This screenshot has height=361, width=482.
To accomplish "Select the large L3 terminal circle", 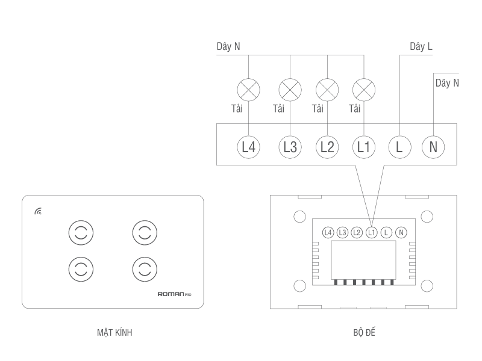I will (x=289, y=146).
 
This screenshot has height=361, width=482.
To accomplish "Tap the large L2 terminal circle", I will (x=327, y=146).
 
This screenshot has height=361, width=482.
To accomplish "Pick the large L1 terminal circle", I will (x=363, y=146).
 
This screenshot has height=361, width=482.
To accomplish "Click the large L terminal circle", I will (x=399, y=146).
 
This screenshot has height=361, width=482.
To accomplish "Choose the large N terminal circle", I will (x=433, y=146).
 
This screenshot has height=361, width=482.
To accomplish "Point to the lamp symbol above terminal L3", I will (x=290, y=91).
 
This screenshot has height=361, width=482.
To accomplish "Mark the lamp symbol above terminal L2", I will (x=327, y=91).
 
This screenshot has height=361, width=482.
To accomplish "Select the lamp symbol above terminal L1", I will (x=363, y=91).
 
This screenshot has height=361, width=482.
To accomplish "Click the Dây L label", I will (x=421, y=47).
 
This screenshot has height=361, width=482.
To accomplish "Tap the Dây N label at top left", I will (x=228, y=47).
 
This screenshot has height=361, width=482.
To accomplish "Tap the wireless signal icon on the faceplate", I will (x=39, y=211).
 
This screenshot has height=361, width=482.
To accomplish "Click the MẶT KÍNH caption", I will (x=114, y=332).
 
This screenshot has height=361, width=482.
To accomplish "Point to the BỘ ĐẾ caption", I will (x=365, y=332).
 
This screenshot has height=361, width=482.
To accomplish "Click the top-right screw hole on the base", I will (x=427, y=215).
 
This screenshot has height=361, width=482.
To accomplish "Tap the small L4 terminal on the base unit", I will (x=328, y=232).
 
